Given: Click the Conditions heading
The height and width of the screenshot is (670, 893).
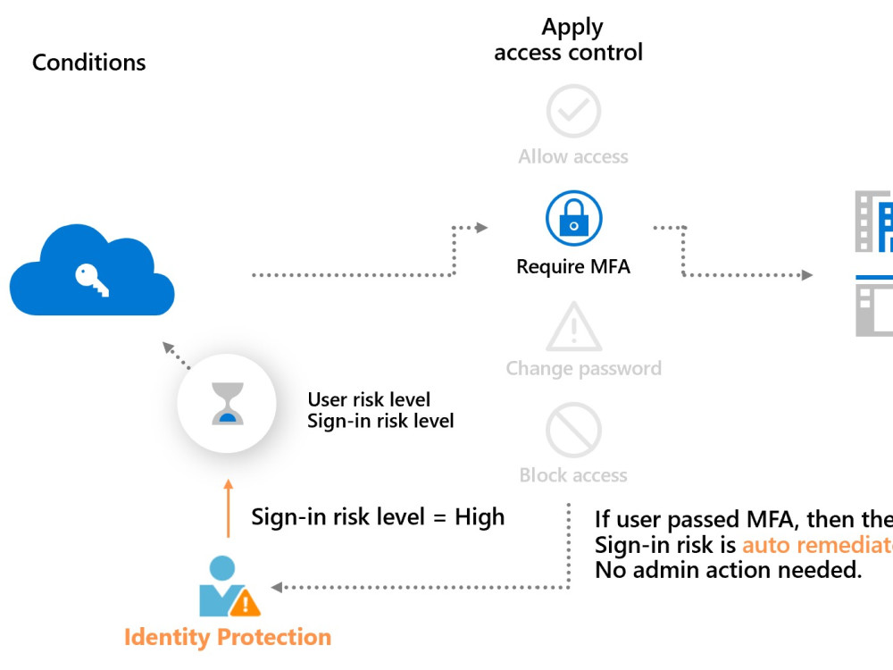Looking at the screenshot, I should pos(88,63).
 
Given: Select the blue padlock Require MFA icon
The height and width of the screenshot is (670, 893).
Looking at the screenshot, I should pos(573,220).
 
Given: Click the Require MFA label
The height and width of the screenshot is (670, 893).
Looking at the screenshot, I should pos(573,267).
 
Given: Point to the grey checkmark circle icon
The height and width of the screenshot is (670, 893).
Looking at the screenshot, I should pos(573,111).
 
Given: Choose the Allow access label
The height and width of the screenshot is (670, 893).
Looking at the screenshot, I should pos(573,157).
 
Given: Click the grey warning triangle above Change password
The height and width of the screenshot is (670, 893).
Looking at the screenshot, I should pos(573,327).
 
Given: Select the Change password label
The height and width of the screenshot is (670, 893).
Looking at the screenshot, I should pos(583,368).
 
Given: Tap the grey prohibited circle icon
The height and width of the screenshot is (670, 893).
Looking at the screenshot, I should pos(573,430).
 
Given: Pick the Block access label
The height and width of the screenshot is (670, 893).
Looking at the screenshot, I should pos(573,475).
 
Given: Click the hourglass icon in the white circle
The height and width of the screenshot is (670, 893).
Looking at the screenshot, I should pos(228,404).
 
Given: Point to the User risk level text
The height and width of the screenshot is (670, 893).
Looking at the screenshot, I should pos(369,399).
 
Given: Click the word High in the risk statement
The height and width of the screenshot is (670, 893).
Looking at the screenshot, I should pos(480,517).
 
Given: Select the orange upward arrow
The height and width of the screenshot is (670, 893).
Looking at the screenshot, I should pos(228,509).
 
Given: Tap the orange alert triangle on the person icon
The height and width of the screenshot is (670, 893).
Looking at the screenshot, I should pos(245,603).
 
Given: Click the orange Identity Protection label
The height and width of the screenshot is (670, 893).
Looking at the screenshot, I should pos(228,637).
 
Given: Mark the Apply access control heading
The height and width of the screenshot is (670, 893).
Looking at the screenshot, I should pos(569,40).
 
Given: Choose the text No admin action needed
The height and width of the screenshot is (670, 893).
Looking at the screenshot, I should pos(729,570).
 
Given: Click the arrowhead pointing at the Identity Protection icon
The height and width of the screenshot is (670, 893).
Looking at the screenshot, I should pos(277,587).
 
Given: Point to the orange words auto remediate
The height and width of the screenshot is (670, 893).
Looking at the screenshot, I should pos(816,545).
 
